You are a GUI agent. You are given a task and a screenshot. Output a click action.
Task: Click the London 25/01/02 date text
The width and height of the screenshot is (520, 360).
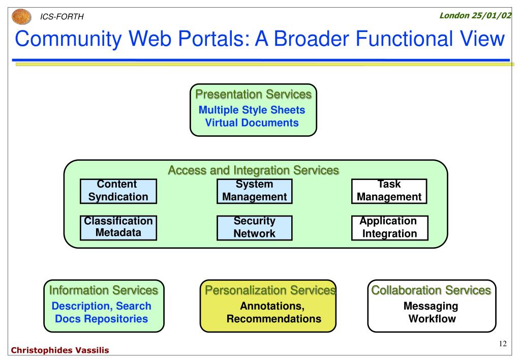point(475,15)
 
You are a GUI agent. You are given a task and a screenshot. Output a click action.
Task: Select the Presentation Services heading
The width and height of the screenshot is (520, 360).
point(253,94)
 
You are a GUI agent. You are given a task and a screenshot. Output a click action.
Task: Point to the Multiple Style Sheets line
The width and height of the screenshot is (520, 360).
point(252,110)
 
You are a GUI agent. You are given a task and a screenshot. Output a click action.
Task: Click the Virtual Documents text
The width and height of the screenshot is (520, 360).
point(252,123)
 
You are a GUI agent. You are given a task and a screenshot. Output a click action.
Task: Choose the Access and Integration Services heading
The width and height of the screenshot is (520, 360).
point(253,170)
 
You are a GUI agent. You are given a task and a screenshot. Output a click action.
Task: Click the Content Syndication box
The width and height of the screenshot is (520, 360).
point(118,191)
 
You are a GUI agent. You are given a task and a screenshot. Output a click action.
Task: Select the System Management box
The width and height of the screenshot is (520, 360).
point(255,191)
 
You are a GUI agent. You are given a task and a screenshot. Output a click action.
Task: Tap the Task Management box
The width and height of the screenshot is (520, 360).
point(389,191)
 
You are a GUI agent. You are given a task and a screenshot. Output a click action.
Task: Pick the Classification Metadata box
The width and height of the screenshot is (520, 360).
point(118,227)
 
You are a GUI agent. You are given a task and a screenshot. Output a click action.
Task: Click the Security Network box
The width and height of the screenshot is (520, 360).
point(255,227)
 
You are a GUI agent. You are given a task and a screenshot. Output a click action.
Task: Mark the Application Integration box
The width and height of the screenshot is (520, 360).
point(389,227)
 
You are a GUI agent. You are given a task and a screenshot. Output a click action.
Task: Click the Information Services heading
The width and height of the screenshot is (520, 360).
point(103,290)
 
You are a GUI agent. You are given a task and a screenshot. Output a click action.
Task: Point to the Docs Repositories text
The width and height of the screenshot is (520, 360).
point(102,319)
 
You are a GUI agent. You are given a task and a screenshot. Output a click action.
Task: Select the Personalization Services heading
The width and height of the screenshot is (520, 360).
point(269,290)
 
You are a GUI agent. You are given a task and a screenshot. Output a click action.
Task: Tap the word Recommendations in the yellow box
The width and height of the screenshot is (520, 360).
point(274,319)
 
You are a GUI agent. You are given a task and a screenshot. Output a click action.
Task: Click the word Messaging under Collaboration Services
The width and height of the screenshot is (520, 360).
point(431,306)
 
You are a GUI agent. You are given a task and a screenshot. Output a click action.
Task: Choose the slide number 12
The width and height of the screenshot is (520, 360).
point(503,344)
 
